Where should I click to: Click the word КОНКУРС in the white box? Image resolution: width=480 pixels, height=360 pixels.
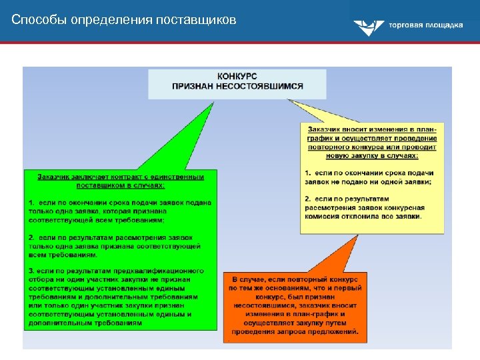point(237,77)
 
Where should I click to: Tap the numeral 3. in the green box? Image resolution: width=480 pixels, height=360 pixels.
point(31,271)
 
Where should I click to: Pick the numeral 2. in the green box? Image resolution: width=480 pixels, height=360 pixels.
point(31,237)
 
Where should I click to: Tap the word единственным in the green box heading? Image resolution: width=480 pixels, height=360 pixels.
point(174,176)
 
